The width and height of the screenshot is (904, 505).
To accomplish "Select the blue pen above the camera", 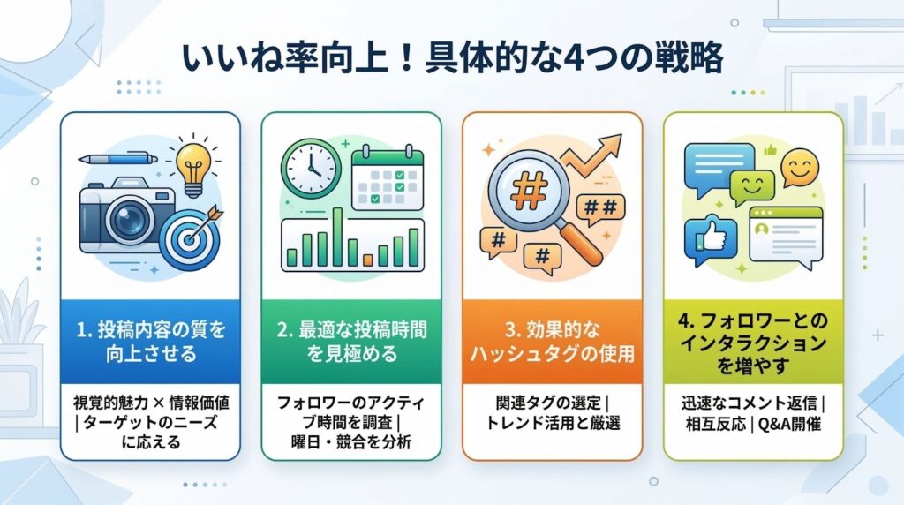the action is (x=117, y=158).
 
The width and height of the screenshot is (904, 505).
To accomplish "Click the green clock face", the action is (x=311, y=169).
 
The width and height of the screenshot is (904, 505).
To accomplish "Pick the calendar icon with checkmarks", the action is (x=388, y=177).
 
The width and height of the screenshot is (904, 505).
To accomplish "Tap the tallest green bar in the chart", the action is (x=338, y=237).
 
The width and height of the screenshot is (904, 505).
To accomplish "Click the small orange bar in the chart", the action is (x=368, y=260).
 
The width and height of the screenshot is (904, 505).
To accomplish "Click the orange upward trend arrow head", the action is (x=611, y=144).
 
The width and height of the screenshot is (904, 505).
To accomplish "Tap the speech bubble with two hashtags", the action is (x=600, y=208).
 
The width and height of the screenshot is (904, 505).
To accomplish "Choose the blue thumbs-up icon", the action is (x=711, y=240).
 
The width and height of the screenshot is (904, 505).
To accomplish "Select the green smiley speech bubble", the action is (x=752, y=187).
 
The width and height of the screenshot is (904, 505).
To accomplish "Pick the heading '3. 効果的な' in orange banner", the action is (x=553, y=329).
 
